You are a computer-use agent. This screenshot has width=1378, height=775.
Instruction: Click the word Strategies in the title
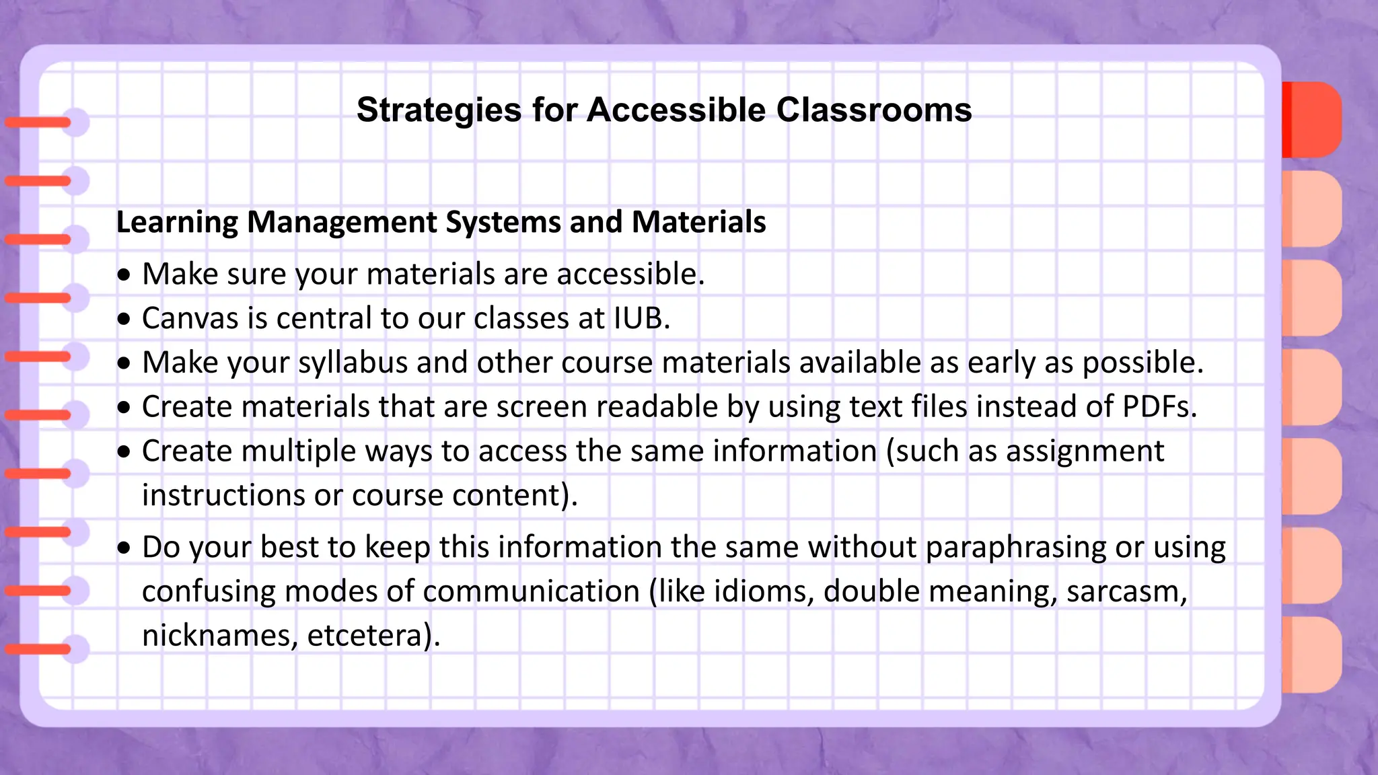(x=439, y=110)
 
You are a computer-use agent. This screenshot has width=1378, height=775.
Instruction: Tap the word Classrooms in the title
(x=873, y=110)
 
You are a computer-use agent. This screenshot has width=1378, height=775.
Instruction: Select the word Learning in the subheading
(x=177, y=222)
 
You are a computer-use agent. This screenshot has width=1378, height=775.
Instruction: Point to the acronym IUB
(x=639, y=318)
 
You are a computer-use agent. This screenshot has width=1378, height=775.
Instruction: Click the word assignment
(x=1085, y=451)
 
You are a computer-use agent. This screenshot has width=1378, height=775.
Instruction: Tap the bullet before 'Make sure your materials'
(x=124, y=275)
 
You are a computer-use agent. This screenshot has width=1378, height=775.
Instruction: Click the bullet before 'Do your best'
(x=124, y=548)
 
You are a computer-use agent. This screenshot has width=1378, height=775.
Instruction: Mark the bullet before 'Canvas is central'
(x=124, y=320)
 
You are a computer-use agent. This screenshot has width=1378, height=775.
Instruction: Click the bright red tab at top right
(x=1311, y=120)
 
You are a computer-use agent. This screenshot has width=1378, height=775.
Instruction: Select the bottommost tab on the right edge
(x=1311, y=655)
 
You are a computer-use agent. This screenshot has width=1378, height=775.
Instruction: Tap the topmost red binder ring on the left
(x=39, y=122)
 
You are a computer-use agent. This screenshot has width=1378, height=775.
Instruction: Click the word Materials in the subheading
(x=698, y=222)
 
